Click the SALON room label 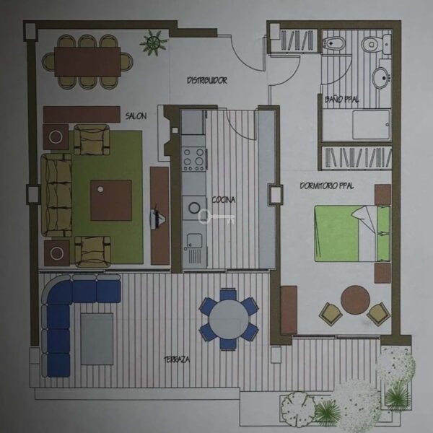136,115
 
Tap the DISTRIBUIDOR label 207,80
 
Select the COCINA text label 224,200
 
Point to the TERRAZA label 177,359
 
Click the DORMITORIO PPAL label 327,186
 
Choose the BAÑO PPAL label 341,99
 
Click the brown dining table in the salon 87,62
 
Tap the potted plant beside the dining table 153,43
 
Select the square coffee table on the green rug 111,200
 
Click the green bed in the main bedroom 353,233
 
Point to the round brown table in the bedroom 355,300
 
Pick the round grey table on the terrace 228,320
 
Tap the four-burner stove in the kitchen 194,159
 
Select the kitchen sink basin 194,240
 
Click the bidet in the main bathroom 334,43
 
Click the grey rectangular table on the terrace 97,339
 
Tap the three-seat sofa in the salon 56,195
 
